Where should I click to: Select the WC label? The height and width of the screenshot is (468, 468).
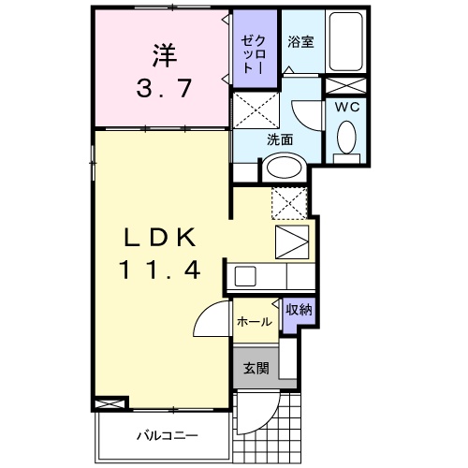click(x=347, y=106)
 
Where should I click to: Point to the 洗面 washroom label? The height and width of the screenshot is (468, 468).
click(x=280, y=139)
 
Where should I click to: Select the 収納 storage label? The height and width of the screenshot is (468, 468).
click(x=299, y=309)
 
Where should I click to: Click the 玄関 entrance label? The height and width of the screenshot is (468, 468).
click(x=255, y=366)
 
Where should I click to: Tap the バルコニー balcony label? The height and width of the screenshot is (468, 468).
click(x=165, y=435)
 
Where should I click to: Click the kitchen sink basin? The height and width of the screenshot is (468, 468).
click(x=244, y=276)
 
